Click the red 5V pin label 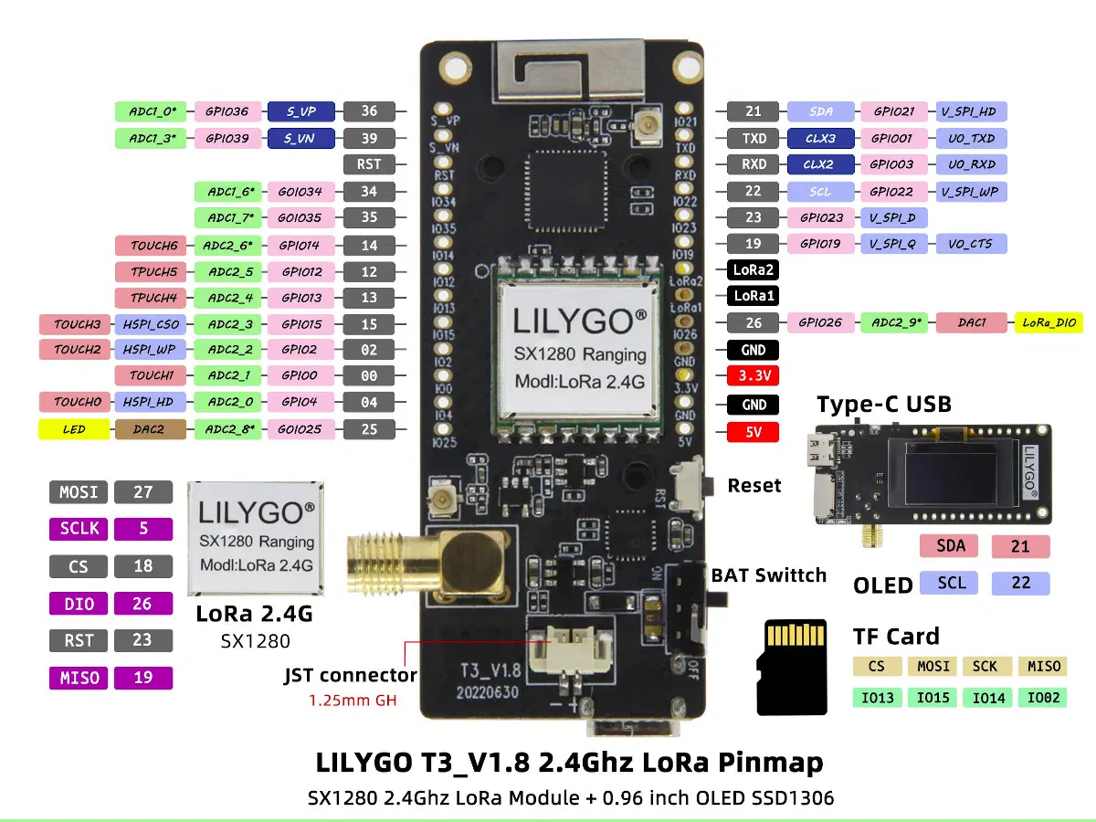pyautogui.click(x=753, y=431)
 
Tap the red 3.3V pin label pyautogui.click(x=753, y=375)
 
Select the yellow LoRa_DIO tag pyautogui.click(x=1049, y=322)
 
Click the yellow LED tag pyautogui.click(x=73, y=429)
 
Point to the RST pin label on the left pyautogui.click(x=369, y=164)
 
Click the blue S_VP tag pyautogui.click(x=300, y=111)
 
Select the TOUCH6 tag pyautogui.click(x=151, y=245)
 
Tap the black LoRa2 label pyautogui.click(x=753, y=270)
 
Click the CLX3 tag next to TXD pyautogui.click(x=820, y=139)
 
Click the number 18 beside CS pyautogui.click(x=142, y=565)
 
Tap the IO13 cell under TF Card pyautogui.click(x=878, y=698)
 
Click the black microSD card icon pyautogui.click(x=792, y=667)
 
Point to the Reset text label pyautogui.click(x=753, y=486)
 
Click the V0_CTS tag pyautogui.click(x=971, y=244)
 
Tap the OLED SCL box pyautogui.click(x=951, y=583)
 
